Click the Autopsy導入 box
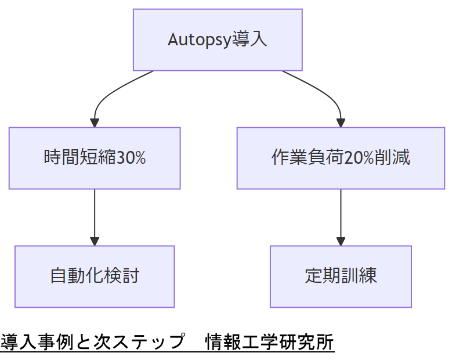tap(218, 39)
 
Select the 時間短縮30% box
tap(95, 158)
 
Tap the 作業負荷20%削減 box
tap(341, 158)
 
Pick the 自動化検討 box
tap(95, 276)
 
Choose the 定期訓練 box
tap(341, 276)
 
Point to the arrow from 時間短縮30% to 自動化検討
tap(95, 215)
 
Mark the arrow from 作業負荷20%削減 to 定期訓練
tap(341, 215)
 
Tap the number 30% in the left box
tap(131, 158)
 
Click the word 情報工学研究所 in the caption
tap(270, 342)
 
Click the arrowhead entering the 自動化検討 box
tap(95, 241)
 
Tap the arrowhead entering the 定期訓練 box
tap(341, 241)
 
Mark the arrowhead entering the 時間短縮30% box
tap(95, 123)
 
